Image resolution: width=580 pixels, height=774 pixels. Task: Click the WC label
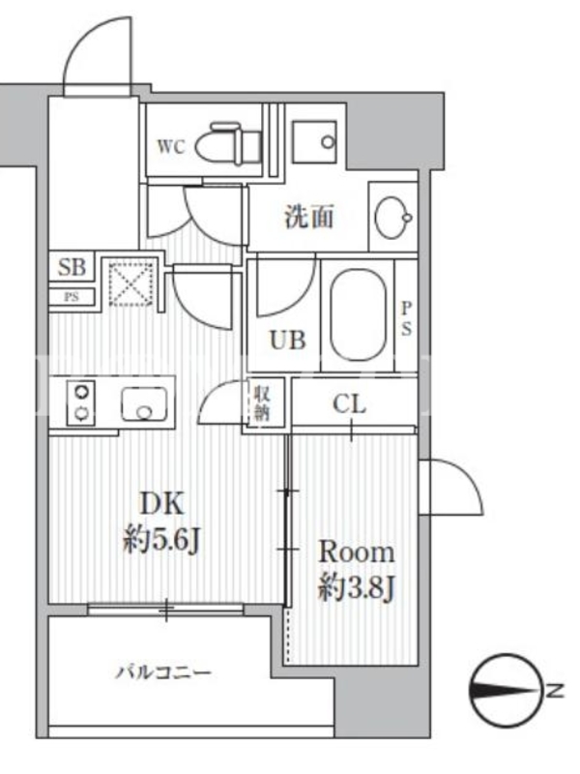pos(171,147)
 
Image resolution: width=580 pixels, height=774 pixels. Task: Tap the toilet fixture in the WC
pos(228,143)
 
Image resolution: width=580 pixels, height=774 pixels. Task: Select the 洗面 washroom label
pos(309,217)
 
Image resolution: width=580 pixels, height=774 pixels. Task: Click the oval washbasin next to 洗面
pos(393,217)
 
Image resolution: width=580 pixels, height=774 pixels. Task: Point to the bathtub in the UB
pos(358,315)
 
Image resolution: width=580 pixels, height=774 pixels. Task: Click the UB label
pos(287,341)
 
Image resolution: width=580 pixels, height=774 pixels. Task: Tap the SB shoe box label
pos(72,267)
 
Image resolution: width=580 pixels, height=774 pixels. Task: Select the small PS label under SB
pos(72,297)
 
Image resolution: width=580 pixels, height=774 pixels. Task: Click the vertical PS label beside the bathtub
pos(406,319)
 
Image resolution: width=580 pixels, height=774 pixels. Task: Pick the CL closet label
pos(350,404)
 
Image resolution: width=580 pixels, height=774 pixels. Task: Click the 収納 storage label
pos(262,403)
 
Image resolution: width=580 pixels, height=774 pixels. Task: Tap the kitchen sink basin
pos(144,404)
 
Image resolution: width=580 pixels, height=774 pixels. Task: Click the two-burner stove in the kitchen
pos(81,402)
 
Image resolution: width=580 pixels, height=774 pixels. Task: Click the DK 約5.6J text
pos(161,523)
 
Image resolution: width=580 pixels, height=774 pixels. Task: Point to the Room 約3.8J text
pos(357,571)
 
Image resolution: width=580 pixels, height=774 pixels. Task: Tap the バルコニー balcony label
pos(163,672)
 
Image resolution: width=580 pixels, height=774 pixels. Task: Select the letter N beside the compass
pos(555,690)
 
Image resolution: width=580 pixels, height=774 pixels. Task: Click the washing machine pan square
pos(315,141)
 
